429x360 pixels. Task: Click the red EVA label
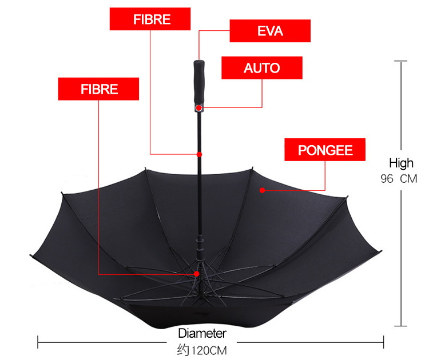pos(270,31)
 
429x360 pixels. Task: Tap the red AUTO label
pos(261,68)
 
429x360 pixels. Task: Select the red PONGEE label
pos(325,151)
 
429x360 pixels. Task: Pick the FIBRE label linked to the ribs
pos(98,89)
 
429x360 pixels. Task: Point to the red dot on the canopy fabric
pos(261,190)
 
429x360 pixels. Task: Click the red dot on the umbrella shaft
pos(199,154)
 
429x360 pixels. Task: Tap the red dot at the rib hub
pos(197,274)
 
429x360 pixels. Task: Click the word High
pos(401,163)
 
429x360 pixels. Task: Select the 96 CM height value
pos(399,179)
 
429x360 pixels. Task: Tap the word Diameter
pos(202,333)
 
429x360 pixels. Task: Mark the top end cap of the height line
pos(403,61)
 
